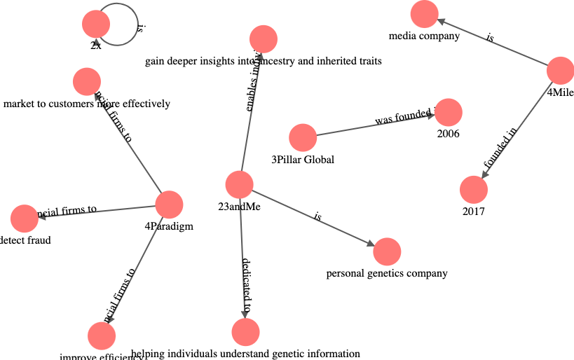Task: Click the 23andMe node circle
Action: click(240, 184)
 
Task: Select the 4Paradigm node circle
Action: click(169, 205)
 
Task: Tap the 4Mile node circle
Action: click(560, 71)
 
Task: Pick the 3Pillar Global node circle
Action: click(303, 137)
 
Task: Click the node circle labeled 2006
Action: click(449, 112)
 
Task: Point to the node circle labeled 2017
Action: click(474, 190)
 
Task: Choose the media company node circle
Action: click(424, 13)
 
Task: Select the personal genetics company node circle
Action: click(387, 251)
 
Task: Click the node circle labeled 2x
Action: click(96, 25)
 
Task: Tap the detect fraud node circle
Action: click(25, 219)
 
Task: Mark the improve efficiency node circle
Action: click(102, 336)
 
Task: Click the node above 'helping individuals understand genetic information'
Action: click(245, 331)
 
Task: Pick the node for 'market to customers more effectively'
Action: click(86, 82)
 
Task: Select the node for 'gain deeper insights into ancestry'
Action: click(263, 39)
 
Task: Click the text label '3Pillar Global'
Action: click(303, 160)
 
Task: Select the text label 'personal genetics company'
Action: click(387, 273)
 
